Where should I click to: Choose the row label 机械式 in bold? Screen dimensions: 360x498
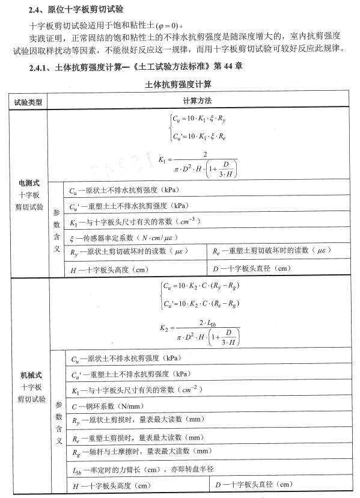[29, 375]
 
